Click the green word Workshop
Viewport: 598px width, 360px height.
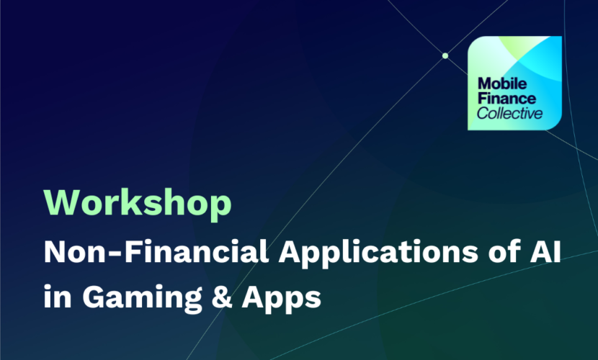(138, 204)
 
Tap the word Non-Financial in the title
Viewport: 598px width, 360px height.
(156, 251)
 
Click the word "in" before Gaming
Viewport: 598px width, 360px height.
(58, 296)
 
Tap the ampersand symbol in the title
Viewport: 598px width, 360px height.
(222, 297)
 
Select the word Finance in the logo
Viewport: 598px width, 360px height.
(506, 99)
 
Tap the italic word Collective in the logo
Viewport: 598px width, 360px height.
(509, 113)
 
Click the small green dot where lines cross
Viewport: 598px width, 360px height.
(445, 55)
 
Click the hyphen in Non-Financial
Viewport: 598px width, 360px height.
(117, 253)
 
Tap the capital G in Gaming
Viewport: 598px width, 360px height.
(94, 296)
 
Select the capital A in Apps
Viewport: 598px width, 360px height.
(254, 296)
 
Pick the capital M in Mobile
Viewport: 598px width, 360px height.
(484, 84)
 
